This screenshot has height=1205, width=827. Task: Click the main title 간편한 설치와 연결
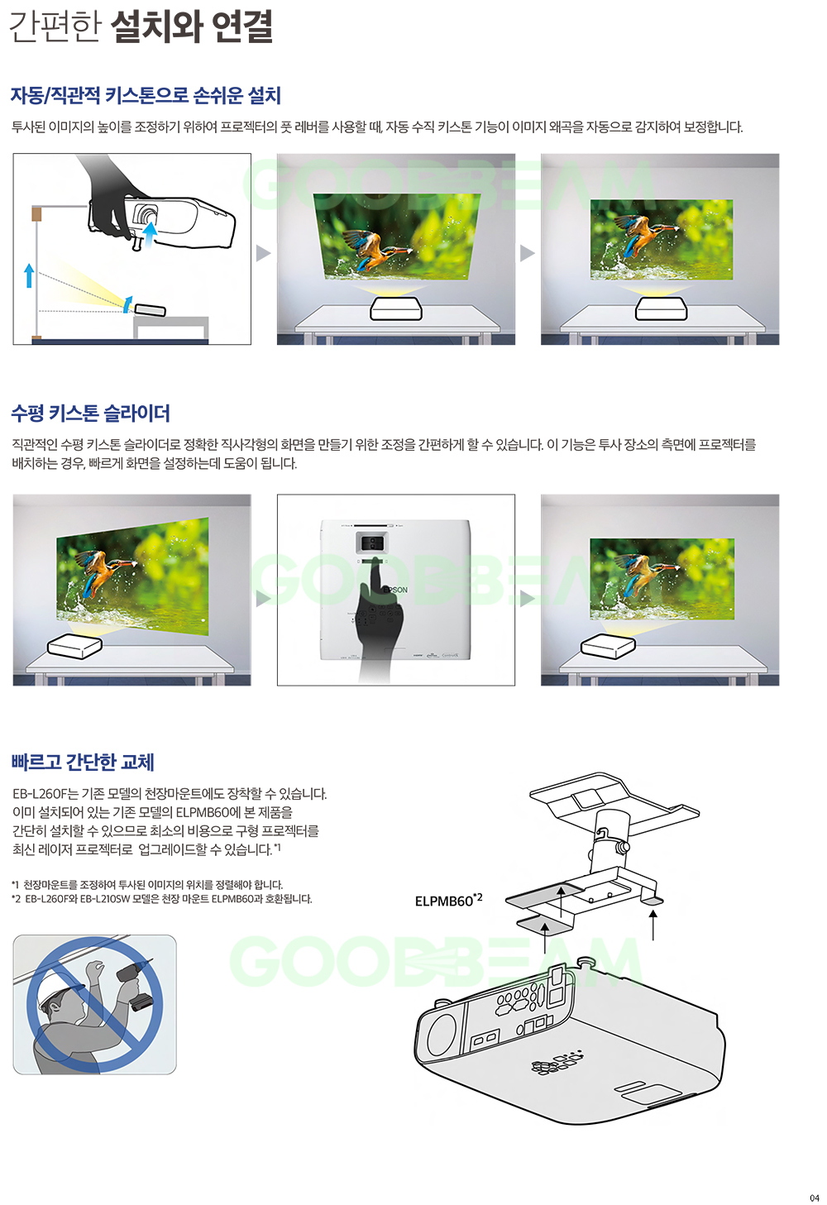pyautogui.click(x=141, y=26)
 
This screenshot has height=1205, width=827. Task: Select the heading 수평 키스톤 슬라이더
pyautogui.click(x=90, y=414)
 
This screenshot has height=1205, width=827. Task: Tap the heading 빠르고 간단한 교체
pyautogui.click(x=83, y=762)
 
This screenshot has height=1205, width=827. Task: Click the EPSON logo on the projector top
pyautogui.click(x=395, y=590)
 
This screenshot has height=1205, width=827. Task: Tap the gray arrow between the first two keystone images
pyautogui.click(x=263, y=253)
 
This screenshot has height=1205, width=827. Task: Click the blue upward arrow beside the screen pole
pyautogui.click(x=29, y=275)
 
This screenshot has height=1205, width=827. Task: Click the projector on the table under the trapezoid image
pyautogui.click(x=396, y=308)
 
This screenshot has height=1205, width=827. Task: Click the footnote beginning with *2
pyautogui.click(x=161, y=899)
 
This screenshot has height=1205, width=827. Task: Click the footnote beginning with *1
pyautogui.click(x=147, y=884)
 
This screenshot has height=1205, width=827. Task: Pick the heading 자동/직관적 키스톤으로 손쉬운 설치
pyautogui.click(x=146, y=95)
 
